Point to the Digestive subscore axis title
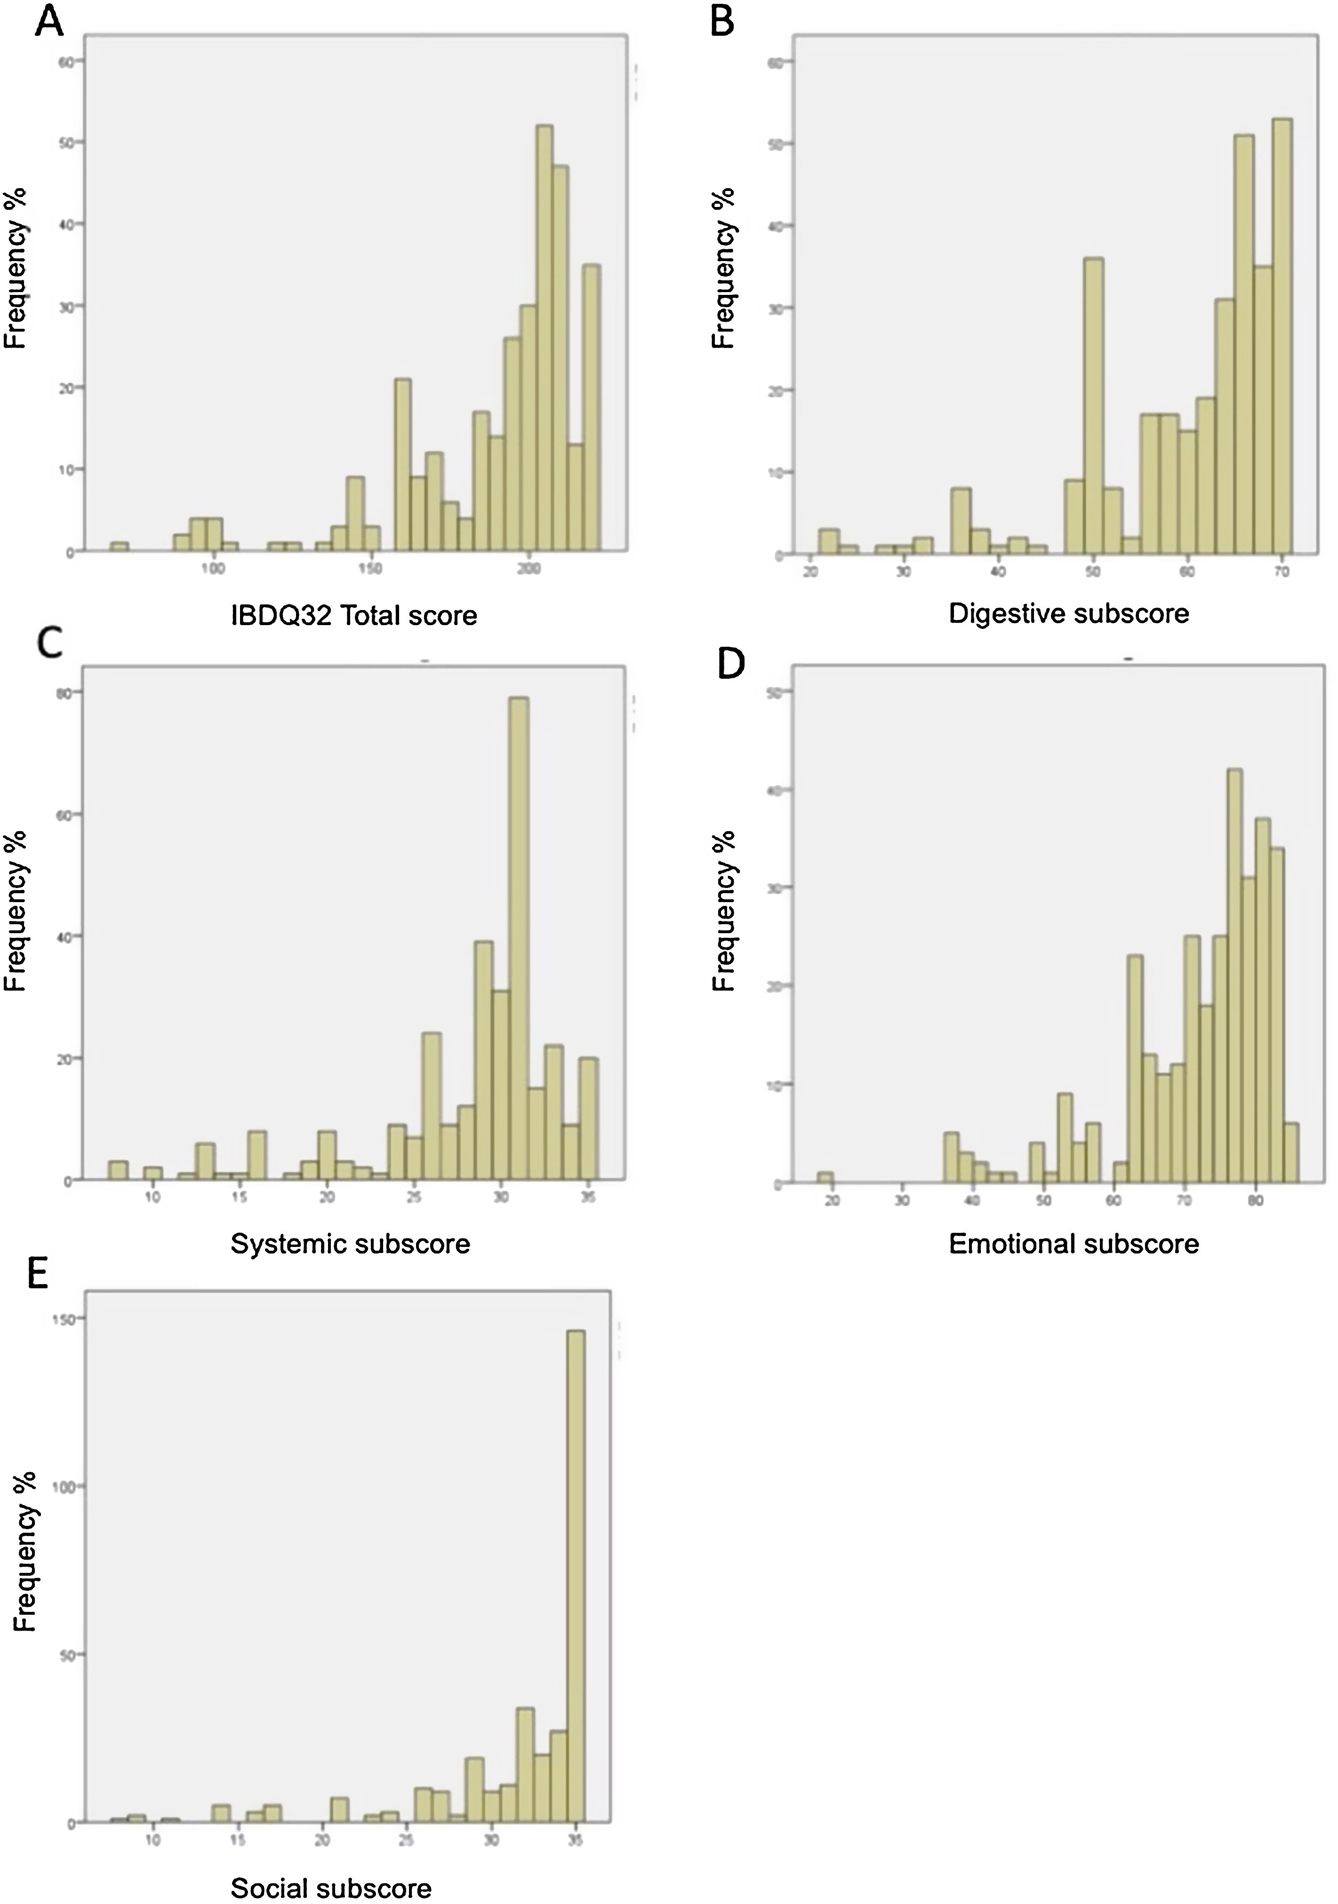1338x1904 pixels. tap(1068, 614)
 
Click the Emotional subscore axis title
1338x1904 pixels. tap(1074, 1244)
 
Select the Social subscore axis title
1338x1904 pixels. tap(331, 1889)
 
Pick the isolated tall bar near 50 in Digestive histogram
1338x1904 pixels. tap(1093, 406)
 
